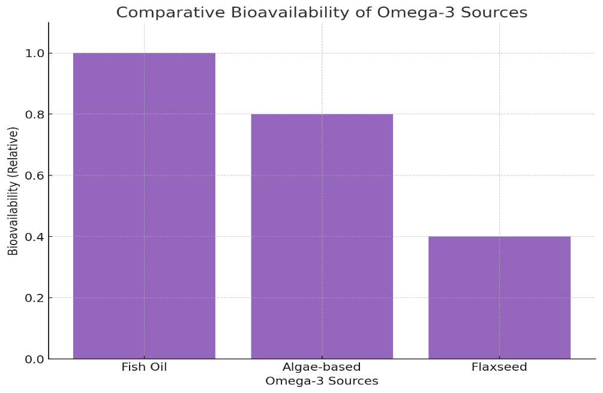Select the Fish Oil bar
pos(144,206)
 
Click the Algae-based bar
pos(322,237)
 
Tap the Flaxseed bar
pos(500,297)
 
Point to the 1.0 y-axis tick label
pos(34,53)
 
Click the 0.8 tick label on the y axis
pos(34,114)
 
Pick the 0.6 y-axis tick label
pos(34,175)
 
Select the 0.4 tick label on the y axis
pos(34,237)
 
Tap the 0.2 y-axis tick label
pos(34,298)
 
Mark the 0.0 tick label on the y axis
pos(34,359)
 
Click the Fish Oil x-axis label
pos(144,367)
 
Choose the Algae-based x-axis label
pos(322,367)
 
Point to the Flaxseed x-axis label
pos(500,367)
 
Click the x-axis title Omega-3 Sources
pos(322,381)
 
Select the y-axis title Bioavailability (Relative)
pos(13,191)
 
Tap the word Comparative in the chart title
pos(171,13)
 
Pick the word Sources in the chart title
pos(494,13)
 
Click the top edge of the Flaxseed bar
pos(500,237)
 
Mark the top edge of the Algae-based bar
pos(322,114)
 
